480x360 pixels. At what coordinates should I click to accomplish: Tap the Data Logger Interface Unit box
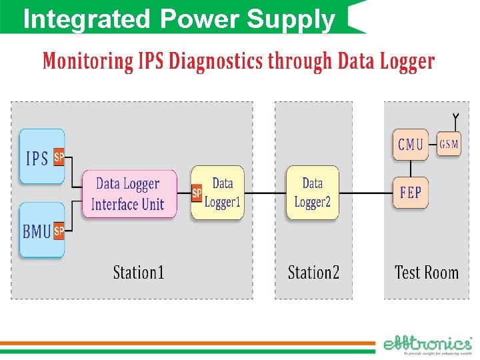pyautogui.click(x=129, y=194)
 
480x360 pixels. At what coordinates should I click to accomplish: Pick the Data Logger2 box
pyautogui.click(x=312, y=193)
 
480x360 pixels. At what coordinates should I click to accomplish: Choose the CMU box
pyautogui.click(x=410, y=144)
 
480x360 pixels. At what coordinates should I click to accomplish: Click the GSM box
pyautogui.click(x=449, y=144)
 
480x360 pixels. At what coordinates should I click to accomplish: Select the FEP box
pyautogui.click(x=410, y=193)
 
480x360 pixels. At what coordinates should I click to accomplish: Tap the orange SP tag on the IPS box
pyautogui.click(x=59, y=157)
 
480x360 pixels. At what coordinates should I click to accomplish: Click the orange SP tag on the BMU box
pyautogui.click(x=59, y=231)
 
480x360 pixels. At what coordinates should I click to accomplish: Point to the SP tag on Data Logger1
pyautogui.click(x=197, y=193)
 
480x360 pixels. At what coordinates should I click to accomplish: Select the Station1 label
pyautogui.click(x=139, y=273)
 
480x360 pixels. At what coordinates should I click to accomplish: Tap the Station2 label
pyautogui.click(x=313, y=273)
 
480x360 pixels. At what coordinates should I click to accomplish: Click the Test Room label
pyautogui.click(x=427, y=273)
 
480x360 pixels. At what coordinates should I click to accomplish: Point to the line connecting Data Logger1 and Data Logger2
pyautogui.click(x=265, y=193)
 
